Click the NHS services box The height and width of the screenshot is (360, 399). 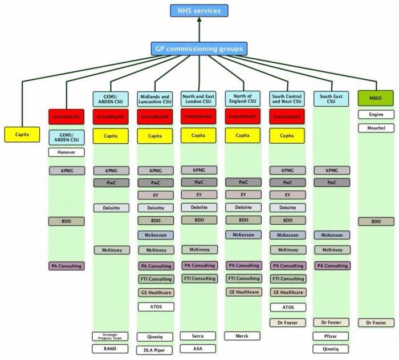click(x=199, y=11)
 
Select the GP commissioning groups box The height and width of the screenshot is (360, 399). click(x=199, y=48)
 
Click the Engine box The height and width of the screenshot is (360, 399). click(x=375, y=115)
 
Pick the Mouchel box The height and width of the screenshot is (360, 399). click(x=375, y=128)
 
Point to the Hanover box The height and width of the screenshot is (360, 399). click(x=66, y=152)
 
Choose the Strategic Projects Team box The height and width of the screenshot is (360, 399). click(x=110, y=336)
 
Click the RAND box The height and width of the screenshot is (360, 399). click(x=110, y=349)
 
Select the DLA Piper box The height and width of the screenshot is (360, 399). click(x=155, y=350)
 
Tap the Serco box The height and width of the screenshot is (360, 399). click(x=199, y=335)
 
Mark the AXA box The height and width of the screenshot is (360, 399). click(x=199, y=348)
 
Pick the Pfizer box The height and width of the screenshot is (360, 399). click(x=331, y=337)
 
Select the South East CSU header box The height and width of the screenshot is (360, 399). click(x=331, y=99)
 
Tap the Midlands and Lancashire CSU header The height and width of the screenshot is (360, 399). click(x=155, y=99)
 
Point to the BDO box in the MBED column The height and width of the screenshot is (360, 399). click(x=375, y=221)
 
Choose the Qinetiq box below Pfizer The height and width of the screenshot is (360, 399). click(x=331, y=349)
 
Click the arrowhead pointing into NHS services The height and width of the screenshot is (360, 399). click(x=199, y=21)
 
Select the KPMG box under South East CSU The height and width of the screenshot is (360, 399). click(x=331, y=170)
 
